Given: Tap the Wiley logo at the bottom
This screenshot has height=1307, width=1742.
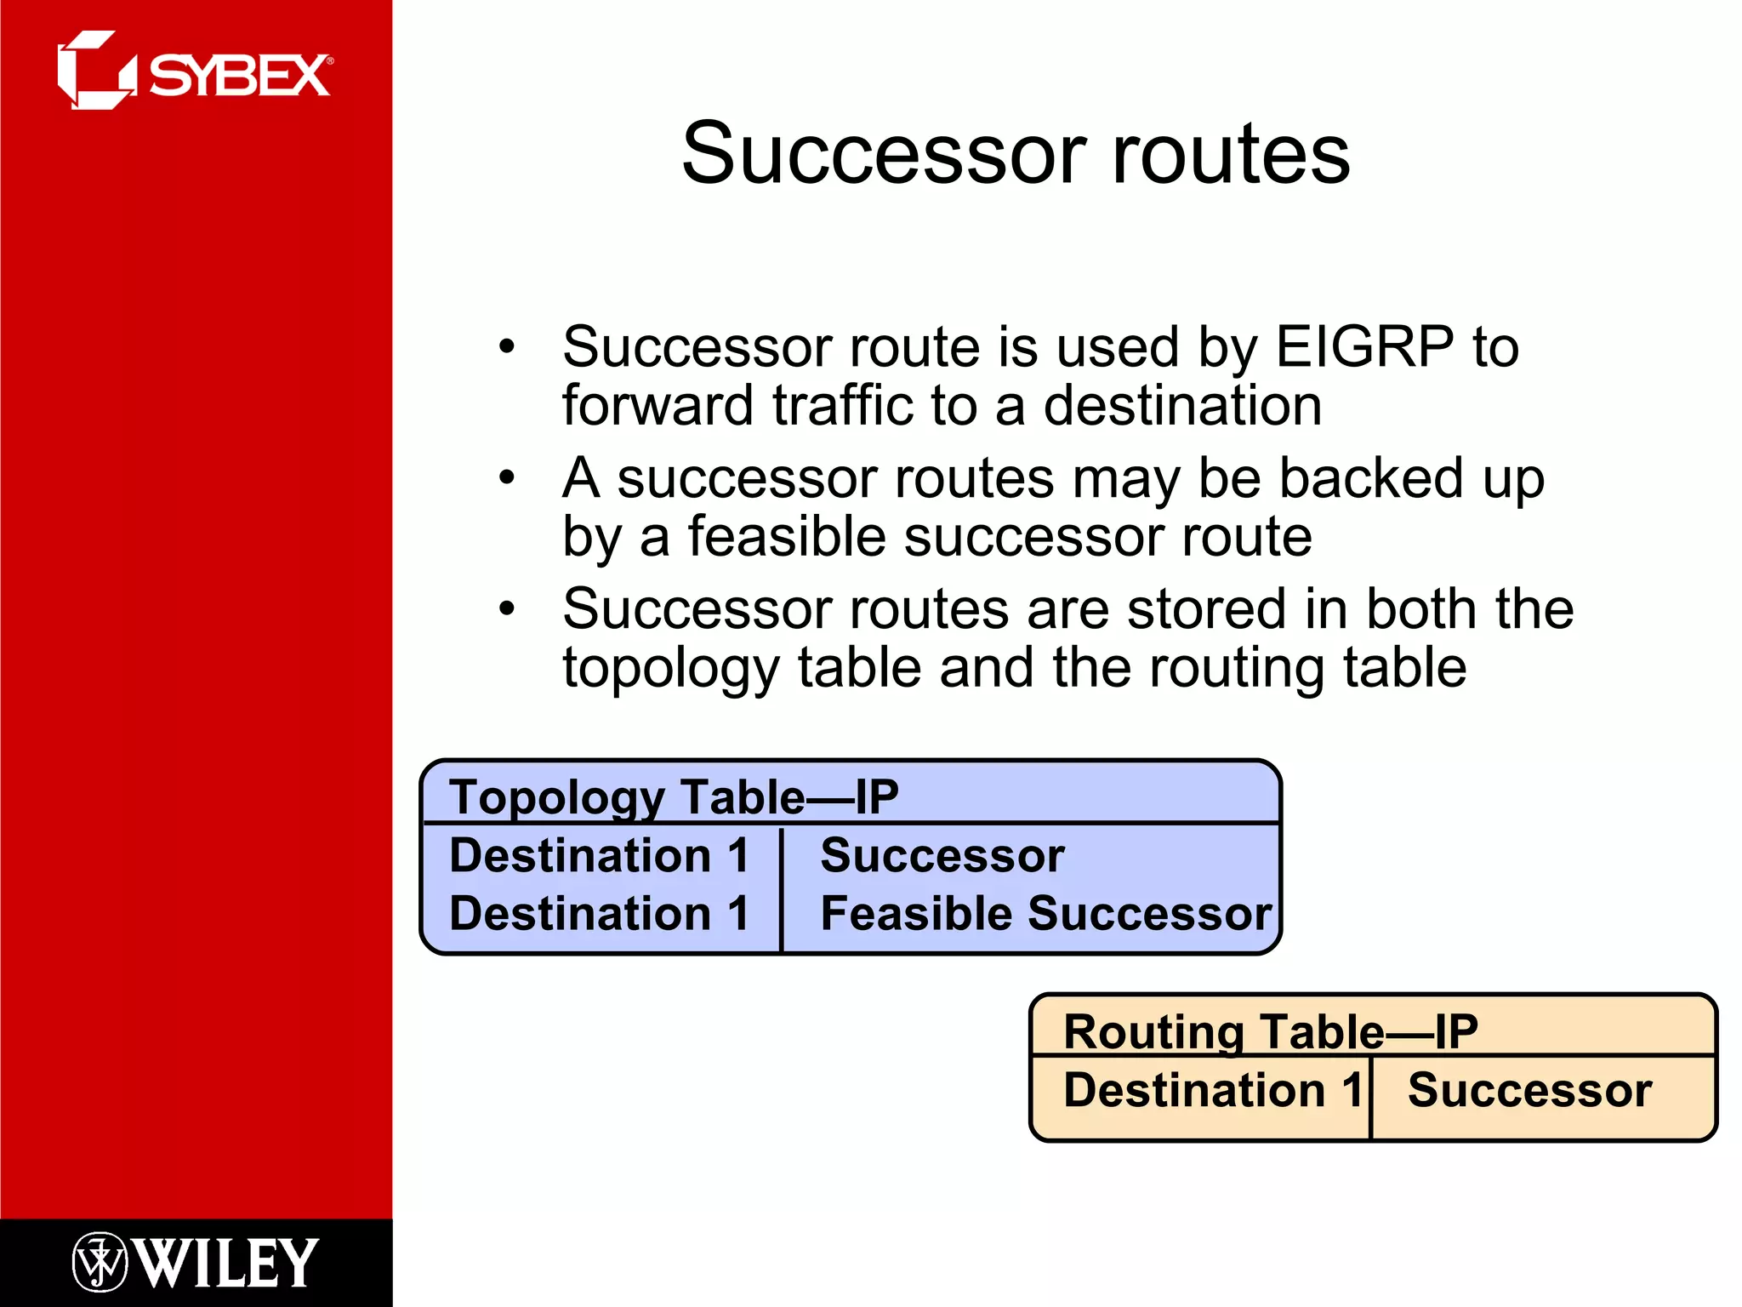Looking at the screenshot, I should [x=196, y=1262].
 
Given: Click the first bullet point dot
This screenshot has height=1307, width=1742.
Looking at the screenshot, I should [x=507, y=346].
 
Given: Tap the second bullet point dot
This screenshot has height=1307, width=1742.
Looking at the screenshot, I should [x=507, y=477].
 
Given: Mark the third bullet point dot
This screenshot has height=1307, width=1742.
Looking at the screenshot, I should [x=507, y=608].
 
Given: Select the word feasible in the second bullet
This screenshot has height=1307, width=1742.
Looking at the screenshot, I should [x=788, y=537].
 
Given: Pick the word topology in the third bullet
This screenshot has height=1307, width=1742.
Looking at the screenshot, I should [x=670, y=669].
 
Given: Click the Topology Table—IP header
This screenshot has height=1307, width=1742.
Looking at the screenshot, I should [x=674, y=797].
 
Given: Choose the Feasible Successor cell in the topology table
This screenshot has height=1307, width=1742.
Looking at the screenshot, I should [x=1045, y=913].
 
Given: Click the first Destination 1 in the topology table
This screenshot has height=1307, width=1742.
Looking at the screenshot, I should [x=599, y=855].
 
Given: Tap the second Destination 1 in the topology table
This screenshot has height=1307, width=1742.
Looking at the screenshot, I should [x=599, y=913].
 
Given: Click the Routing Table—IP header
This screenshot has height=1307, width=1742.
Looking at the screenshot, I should [x=1271, y=1031].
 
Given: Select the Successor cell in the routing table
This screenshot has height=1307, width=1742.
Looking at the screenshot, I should [x=1529, y=1090].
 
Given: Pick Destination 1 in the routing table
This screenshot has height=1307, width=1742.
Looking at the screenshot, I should [x=1213, y=1090].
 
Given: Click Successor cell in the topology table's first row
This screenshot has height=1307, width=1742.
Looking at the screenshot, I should [x=942, y=855].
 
